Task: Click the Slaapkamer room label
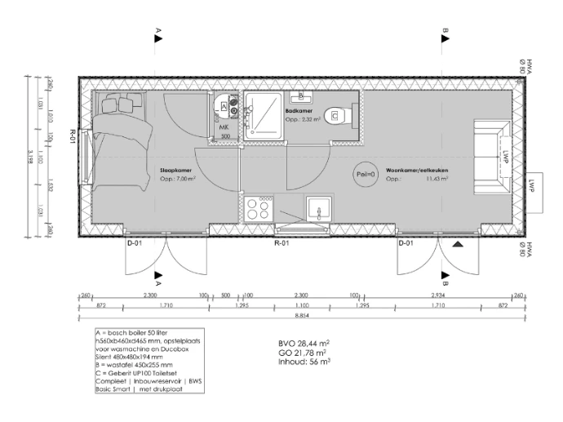pos(174,171)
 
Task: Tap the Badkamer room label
pos(297,109)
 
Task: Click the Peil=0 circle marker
pos(365,174)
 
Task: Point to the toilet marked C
pos(339,116)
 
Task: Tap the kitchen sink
pos(317,210)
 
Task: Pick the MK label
pos(223,127)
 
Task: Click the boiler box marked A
pos(224,107)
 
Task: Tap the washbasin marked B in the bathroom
pos(299,96)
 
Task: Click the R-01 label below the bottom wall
pos(281,242)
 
